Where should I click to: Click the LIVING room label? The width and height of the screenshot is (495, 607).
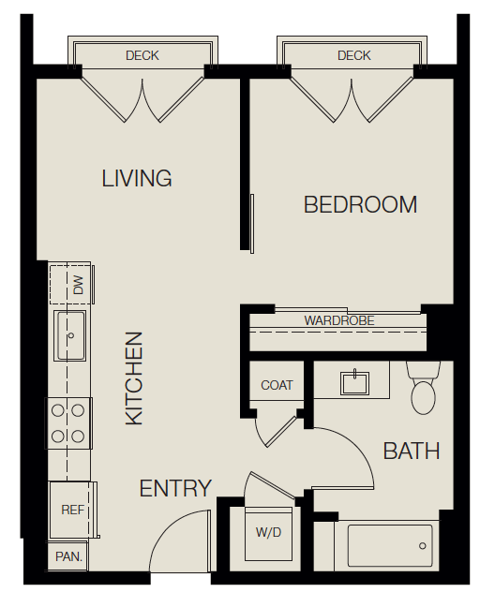[x=137, y=178]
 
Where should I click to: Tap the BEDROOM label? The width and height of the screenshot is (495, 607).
[x=360, y=205]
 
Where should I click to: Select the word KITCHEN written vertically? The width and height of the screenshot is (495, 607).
[x=135, y=378]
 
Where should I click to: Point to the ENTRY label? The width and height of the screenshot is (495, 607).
[x=175, y=488]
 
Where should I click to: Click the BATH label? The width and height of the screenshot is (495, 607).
[x=412, y=452]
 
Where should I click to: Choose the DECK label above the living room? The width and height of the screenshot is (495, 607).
[x=142, y=56]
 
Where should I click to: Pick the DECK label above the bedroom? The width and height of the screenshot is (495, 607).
[x=353, y=56]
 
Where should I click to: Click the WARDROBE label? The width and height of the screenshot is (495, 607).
[x=338, y=320]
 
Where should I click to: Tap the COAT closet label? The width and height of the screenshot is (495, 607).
[x=277, y=385]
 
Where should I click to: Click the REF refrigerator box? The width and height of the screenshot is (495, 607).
[x=72, y=511]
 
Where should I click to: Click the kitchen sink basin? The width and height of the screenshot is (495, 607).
[x=71, y=334]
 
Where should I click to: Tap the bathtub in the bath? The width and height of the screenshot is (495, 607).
[x=390, y=545]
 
